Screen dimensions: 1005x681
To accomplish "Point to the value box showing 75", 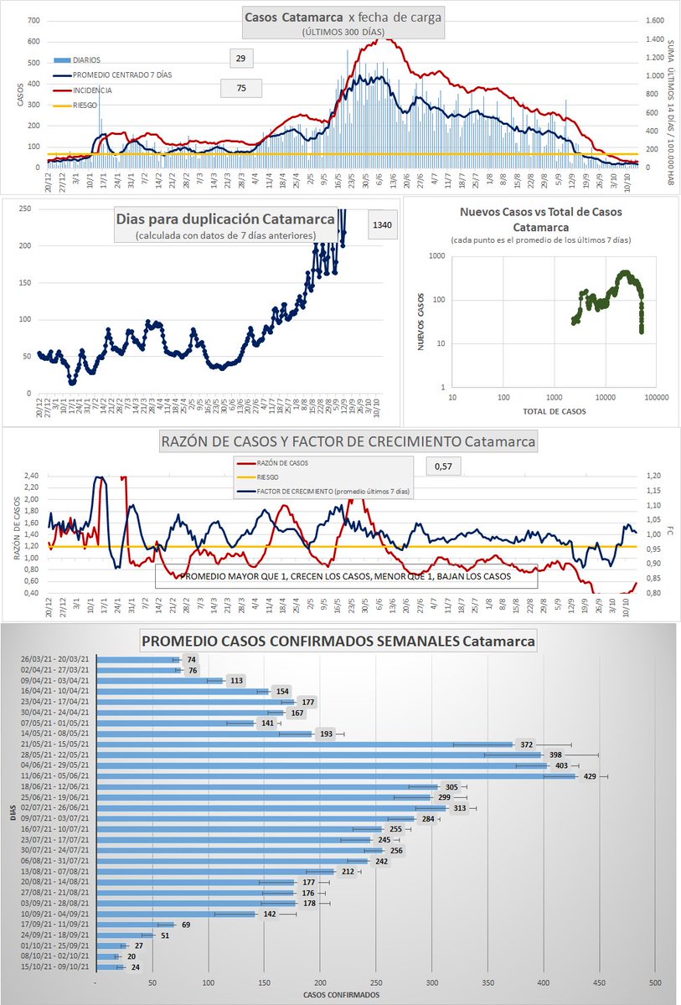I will pyautogui.click(x=241, y=88).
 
